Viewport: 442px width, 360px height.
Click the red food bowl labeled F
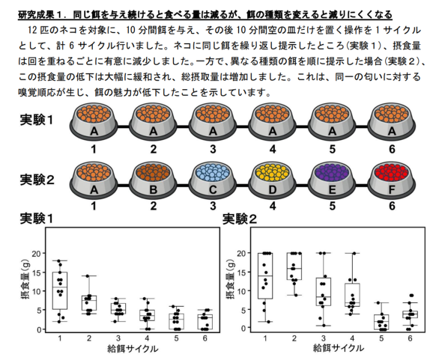392,180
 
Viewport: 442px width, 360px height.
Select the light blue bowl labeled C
213,180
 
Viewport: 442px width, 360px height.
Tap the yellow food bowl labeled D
272,180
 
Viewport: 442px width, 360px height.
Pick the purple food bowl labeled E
332,180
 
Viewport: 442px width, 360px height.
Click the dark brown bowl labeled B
153,180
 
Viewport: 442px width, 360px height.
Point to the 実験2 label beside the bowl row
37,180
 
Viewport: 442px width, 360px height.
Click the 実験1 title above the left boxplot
37,219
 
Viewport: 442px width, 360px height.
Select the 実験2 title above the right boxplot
240,219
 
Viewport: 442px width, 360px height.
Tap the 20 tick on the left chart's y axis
37,253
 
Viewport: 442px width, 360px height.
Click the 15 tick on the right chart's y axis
242,272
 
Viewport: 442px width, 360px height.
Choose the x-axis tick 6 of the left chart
205,338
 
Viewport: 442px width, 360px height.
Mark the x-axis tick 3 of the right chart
324,338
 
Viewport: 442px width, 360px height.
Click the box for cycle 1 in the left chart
60,290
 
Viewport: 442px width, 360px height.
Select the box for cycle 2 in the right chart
294,266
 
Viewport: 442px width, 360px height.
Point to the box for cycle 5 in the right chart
381,322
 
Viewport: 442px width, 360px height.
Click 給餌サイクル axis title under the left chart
133,349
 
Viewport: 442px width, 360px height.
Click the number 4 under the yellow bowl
273,207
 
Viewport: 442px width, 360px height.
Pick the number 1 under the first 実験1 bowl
94,149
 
